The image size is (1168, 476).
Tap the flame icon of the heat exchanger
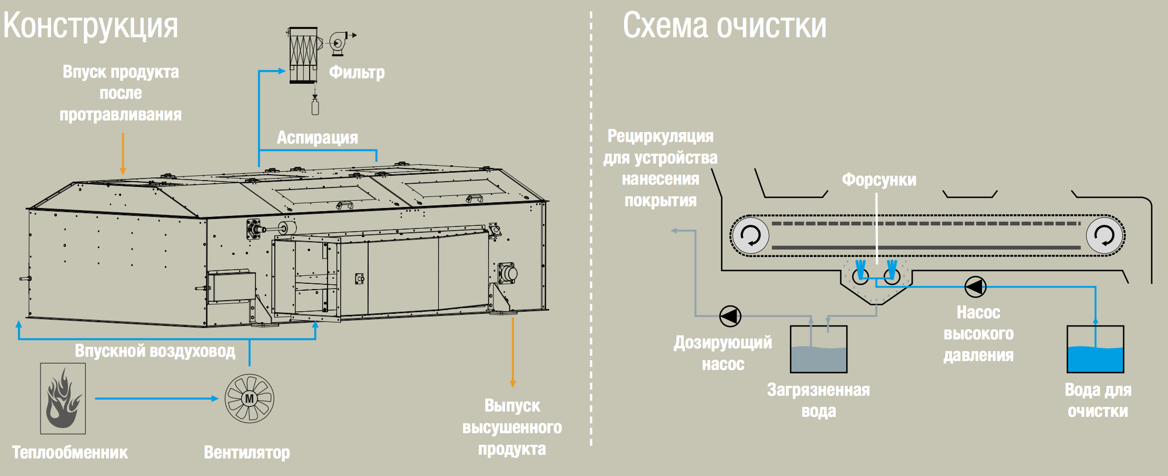click(x=63, y=398)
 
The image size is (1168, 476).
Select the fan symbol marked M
click(x=249, y=398)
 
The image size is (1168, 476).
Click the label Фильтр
click(x=357, y=72)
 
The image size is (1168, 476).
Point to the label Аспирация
click(x=317, y=137)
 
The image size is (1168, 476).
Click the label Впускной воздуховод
click(x=155, y=351)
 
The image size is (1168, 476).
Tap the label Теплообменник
click(x=70, y=452)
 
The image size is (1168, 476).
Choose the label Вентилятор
click(x=247, y=452)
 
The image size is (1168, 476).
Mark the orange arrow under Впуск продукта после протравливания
click(x=123, y=153)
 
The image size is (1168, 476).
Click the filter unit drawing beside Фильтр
click(x=304, y=56)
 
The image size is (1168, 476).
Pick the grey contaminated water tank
click(x=818, y=350)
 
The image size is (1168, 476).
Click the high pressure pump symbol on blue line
click(x=975, y=287)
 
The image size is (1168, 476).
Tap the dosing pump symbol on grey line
click(x=730, y=316)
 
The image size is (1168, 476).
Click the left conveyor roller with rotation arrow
click(x=750, y=235)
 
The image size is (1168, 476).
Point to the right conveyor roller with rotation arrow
click(x=1104, y=235)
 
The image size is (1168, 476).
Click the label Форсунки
click(x=879, y=180)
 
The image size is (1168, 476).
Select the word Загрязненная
click(x=818, y=390)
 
